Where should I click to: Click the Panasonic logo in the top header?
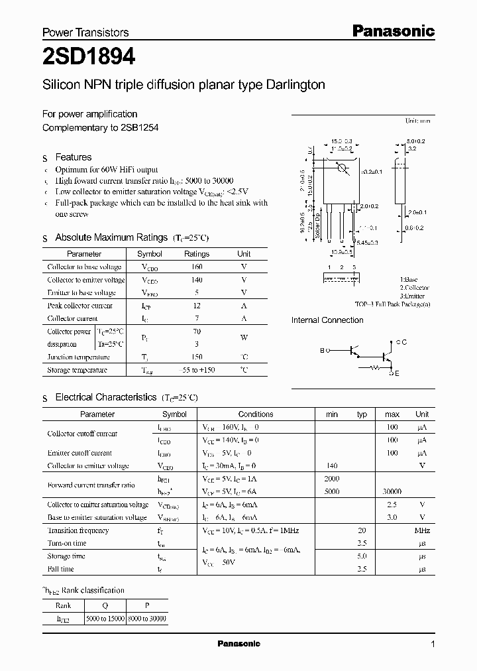(392, 30)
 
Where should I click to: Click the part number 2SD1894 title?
(89, 58)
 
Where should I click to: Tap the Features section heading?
(73, 157)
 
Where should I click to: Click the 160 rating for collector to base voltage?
(196, 267)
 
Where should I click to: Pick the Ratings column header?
(196, 254)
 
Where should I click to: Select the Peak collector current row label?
(79, 306)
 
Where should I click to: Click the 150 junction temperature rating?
(196, 357)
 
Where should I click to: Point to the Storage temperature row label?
(77, 370)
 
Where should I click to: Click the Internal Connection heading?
(327, 320)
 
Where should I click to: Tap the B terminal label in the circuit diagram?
(323, 349)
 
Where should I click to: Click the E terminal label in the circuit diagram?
(397, 374)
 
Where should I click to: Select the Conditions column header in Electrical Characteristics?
(256, 414)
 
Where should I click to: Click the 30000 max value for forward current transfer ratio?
(392, 492)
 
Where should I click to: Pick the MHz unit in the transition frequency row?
(422, 530)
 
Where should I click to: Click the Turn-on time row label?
(67, 543)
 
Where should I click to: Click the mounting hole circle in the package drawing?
(343, 168)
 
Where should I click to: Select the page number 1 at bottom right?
(433, 644)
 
